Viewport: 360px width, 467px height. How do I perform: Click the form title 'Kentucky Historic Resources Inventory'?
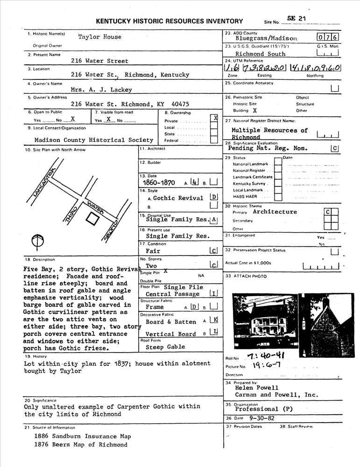pos(169,21)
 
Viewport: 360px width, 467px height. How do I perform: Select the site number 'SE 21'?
pos(294,18)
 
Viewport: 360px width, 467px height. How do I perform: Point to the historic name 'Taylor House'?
pos(99,37)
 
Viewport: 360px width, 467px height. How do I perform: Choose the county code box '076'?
pos(328,37)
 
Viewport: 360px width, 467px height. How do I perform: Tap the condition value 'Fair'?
pos(153,251)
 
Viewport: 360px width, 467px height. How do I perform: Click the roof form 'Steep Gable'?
pos(165,347)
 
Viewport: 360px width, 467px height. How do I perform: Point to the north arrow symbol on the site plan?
pos(38,241)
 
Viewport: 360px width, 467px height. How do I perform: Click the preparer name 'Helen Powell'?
pos(256,388)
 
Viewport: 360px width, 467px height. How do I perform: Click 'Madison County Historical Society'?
pos(94,140)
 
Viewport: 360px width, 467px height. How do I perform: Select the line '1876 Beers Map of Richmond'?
pos(80,445)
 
